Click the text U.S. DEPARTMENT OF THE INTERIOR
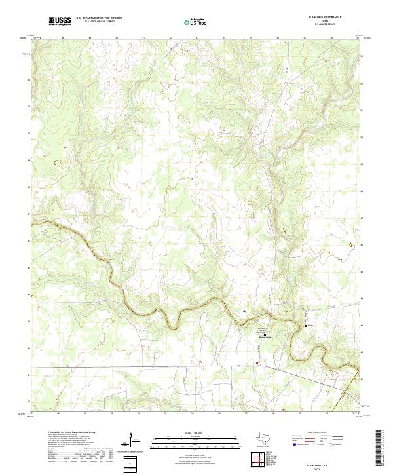(x=99, y=18)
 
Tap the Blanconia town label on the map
(x=265, y=337)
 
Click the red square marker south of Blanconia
(x=257, y=361)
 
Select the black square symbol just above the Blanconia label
(x=265, y=334)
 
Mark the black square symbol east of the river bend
(x=306, y=326)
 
